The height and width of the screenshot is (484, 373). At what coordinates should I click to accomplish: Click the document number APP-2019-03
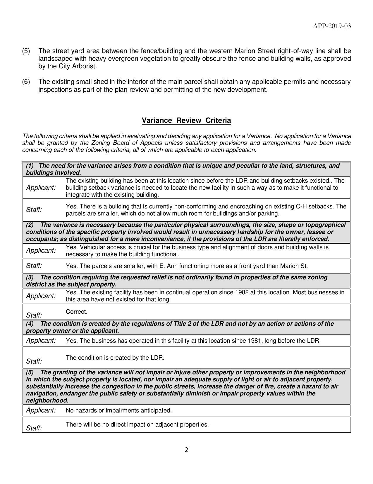[332, 26]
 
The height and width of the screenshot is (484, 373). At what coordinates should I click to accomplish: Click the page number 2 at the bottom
[186, 450]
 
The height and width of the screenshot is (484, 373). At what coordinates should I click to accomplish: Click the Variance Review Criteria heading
[186, 120]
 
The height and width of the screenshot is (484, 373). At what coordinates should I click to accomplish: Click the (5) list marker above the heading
[26, 51]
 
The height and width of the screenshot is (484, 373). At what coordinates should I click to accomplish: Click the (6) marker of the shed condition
[26, 82]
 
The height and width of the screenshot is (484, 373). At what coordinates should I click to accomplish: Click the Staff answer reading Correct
[77, 312]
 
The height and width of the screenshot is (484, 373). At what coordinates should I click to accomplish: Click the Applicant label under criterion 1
[41, 188]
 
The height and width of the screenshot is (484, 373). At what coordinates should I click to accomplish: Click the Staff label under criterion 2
[34, 266]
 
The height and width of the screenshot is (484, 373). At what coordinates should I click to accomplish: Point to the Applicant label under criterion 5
[41, 410]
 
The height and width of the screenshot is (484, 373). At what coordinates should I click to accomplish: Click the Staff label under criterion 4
[34, 361]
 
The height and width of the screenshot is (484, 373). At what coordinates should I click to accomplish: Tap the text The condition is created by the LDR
[115, 358]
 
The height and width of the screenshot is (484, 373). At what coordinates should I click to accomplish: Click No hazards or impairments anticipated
[119, 410]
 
